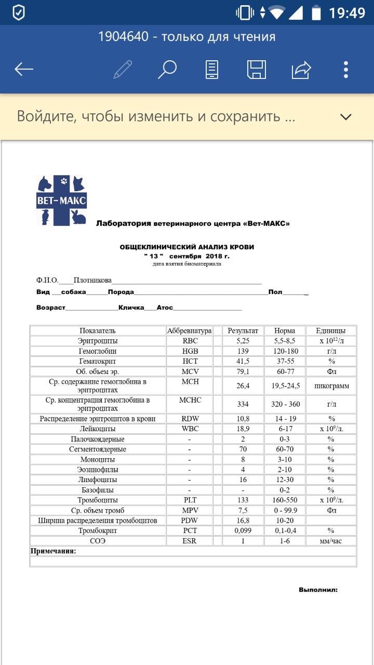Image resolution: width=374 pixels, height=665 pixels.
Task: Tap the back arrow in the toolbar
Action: pyautogui.click(x=24, y=69)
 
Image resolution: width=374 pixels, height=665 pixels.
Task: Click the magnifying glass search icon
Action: pyautogui.click(x=167, y=69)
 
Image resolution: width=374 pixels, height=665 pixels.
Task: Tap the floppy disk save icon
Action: pyautogui.click(x=257, y=69)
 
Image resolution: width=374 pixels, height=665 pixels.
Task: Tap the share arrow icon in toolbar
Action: pyautogui.click(x=301, y=69)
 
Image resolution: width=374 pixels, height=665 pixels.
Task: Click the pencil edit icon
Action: pyautogui.click(x=123, y=69)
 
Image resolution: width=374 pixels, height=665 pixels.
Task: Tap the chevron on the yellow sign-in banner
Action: pyautogui.click(x=346, y=116)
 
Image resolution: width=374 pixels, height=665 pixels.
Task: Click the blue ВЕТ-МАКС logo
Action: pyautogui.click(x=62, y=201)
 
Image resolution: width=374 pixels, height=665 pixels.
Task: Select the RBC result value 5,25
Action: pyautogui.click(x=243, y=341)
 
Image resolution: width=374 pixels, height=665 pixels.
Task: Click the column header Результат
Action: pyautogui.click(x=243, y=331)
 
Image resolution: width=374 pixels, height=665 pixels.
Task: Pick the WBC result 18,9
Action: pyautogui.click(x=243, y=429)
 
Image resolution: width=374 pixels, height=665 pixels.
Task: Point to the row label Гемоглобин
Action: pyautogui.click(x=98, y=351)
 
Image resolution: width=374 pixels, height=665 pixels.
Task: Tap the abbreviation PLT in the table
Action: pyautogui.click(x=190, y=500)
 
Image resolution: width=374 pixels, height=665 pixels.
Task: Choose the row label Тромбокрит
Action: pyautogui.click(x=98, y=530)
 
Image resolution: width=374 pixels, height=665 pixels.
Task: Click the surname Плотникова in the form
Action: pyautogui.click(x=92, y=281)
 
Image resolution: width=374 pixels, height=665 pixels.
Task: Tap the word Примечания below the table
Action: pyautogui.click(x=54, y=551)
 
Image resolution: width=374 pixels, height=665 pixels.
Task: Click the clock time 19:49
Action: pyautogui.click(x=347, y=12)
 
